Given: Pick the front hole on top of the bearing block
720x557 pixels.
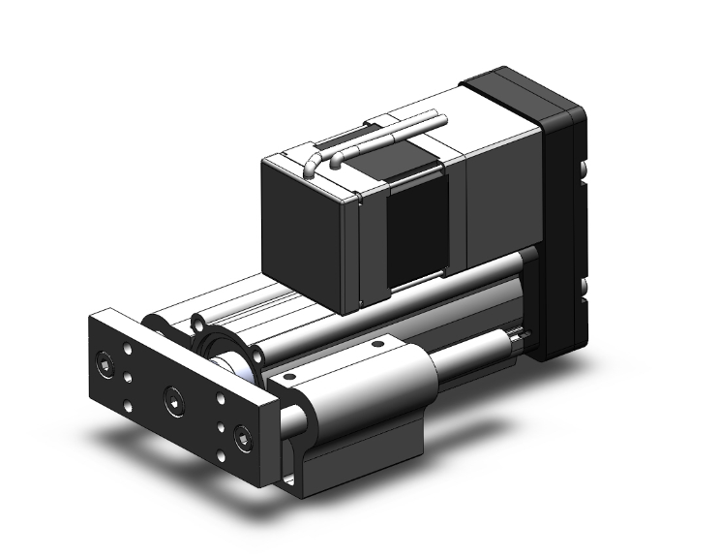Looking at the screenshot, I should [x=288, y=374].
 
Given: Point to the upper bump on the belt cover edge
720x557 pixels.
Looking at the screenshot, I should [x=587, y=179].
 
